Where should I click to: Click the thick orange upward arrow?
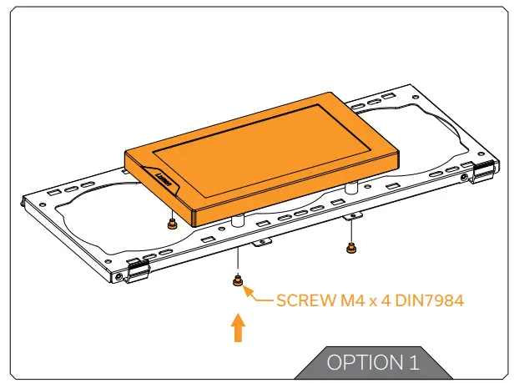pos(239,328)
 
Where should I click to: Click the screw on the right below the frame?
pos(351,248)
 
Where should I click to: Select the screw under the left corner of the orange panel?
pos(172,224)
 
